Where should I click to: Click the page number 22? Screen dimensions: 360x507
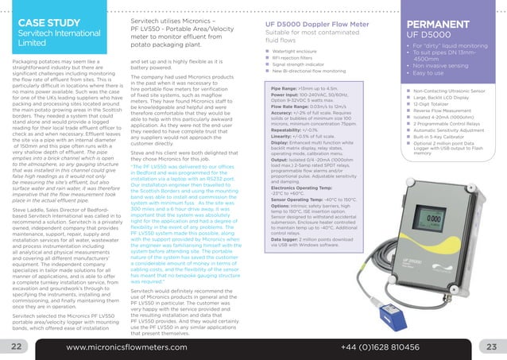[15, 347]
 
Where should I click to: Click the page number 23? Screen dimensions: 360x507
[490, 347]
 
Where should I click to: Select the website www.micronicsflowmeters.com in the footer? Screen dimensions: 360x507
[130, 347]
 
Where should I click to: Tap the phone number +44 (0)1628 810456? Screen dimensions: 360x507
[379, 347]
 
